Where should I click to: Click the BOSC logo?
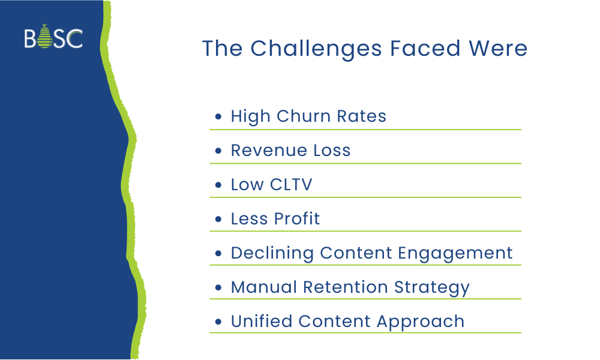(53, 38)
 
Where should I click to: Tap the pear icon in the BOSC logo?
(46, 38)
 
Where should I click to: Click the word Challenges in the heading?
(316, 49)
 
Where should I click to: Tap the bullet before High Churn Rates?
(218, 116)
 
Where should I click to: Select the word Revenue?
(266, 150)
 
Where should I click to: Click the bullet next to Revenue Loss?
(218, 151)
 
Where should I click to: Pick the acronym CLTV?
(291, 184)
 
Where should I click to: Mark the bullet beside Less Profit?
(218, 219)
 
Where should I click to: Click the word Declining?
(272, 253)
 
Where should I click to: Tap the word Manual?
(264, 287)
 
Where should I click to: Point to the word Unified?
(262, 321)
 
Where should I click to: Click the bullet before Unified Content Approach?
(218, 322)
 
